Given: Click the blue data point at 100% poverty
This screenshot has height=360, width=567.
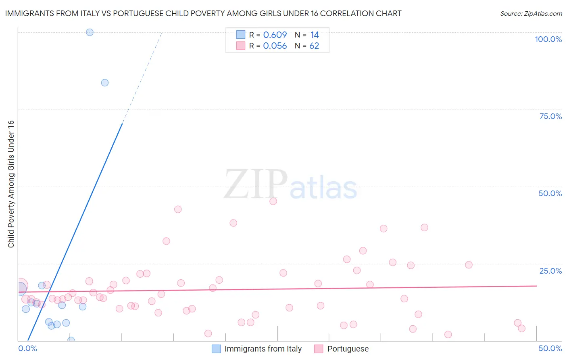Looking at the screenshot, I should [x=90, y=32].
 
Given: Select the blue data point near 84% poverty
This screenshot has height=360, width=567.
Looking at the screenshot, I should [x=105, y=83].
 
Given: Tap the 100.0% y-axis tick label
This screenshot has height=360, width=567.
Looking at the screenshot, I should [x=548, y=39].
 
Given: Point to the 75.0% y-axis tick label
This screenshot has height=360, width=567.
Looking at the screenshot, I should [x=550, y=116].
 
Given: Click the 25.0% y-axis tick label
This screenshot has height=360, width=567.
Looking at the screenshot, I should [x=550, y=271].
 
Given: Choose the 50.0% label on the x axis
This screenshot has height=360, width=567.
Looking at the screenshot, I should [x=550, y=348].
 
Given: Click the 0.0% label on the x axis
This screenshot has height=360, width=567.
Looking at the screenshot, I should [x=27, y=348].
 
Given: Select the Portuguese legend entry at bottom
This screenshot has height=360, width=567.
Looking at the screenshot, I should [x=348, y=349].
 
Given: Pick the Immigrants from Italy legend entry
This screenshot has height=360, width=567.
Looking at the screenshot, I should [x=263, y=349].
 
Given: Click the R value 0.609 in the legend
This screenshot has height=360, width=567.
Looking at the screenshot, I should [x=275, y=35].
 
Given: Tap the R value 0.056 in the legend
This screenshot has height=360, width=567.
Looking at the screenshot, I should [x=275, y=46].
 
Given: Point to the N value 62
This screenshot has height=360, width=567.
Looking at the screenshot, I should [x=314, y=46].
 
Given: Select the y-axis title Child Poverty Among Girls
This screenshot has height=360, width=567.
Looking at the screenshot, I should [x=11, y=184].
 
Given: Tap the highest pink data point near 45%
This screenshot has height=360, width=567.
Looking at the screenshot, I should [x=273, y=201].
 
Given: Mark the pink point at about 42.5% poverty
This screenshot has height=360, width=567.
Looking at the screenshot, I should [x=178, y=209].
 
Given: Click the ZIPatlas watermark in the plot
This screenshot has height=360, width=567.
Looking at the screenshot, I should [x=290, y=185].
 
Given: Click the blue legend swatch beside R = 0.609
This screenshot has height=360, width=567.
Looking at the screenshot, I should [x=241, y=35].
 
